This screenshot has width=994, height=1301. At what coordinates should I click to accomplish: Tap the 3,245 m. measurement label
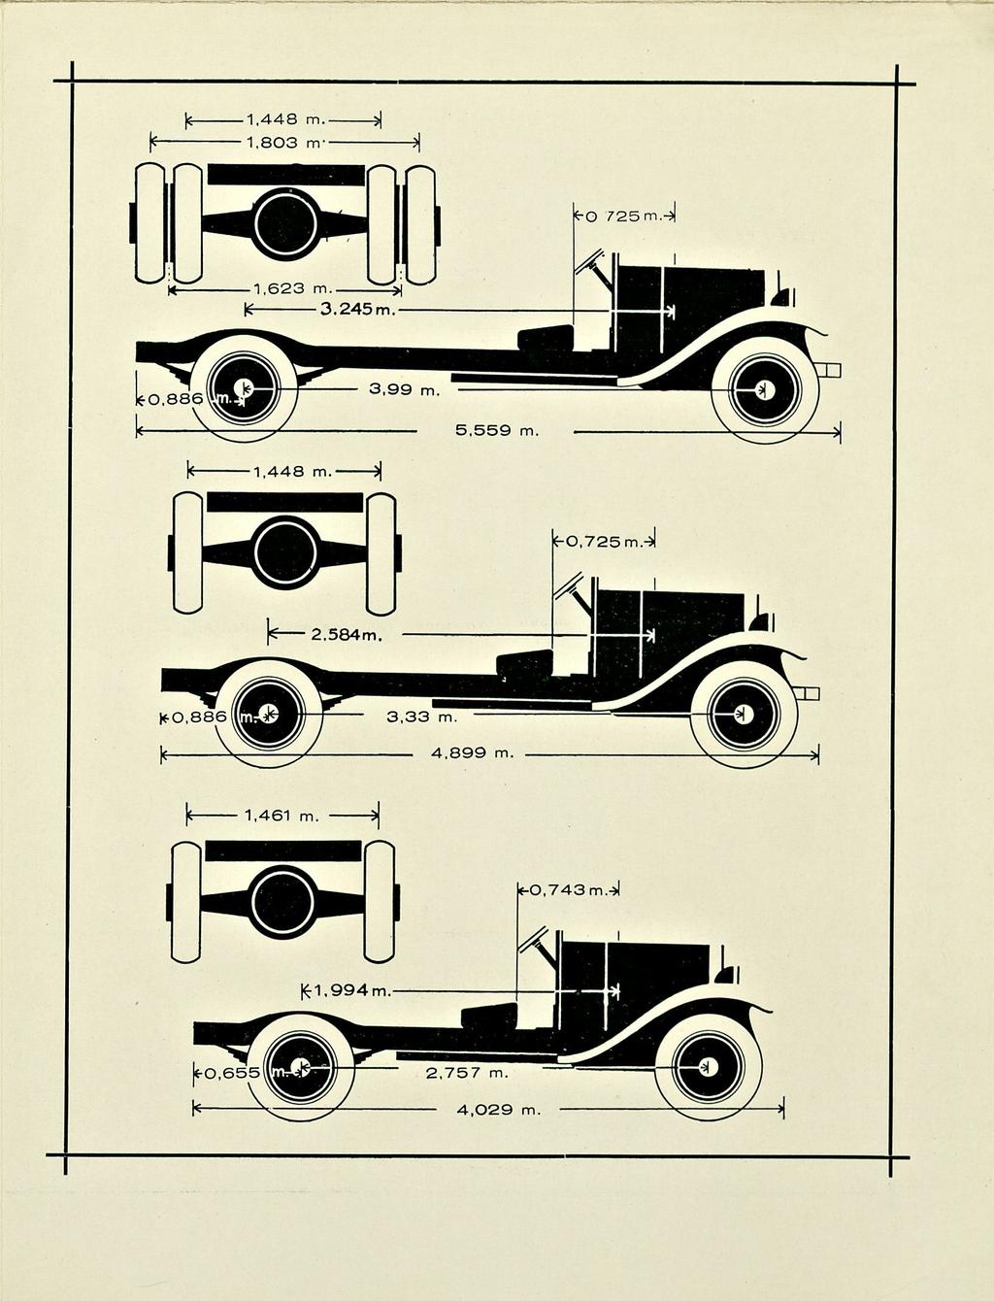(x=358, y=309)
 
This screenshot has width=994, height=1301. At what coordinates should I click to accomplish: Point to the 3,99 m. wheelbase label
(x=405, y=389)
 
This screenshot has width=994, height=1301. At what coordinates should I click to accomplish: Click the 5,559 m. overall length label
(x=498, y=430)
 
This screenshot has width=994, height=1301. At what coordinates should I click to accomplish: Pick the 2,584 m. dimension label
(x=347, y=635)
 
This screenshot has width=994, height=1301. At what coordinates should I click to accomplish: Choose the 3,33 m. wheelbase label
(x=422, y=717)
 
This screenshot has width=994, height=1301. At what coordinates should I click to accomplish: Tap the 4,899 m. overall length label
(x=472, y=753)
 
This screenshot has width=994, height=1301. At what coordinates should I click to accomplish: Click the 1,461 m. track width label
(x=282, y=816)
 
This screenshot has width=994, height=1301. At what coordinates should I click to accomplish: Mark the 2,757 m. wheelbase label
(x=467, y=1073)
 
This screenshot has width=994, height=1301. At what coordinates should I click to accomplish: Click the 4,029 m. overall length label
(x=499, y=1110)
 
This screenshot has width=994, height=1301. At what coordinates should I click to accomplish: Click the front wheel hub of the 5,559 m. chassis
(x=764, y=389)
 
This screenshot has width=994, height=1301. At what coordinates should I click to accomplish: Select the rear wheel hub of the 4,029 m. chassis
(x=300, y=1067)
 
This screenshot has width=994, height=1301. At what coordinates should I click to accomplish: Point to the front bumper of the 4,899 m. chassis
(x=809, y=693)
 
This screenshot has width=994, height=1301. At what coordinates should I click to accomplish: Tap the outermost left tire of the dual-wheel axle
(x=149, y=223)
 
